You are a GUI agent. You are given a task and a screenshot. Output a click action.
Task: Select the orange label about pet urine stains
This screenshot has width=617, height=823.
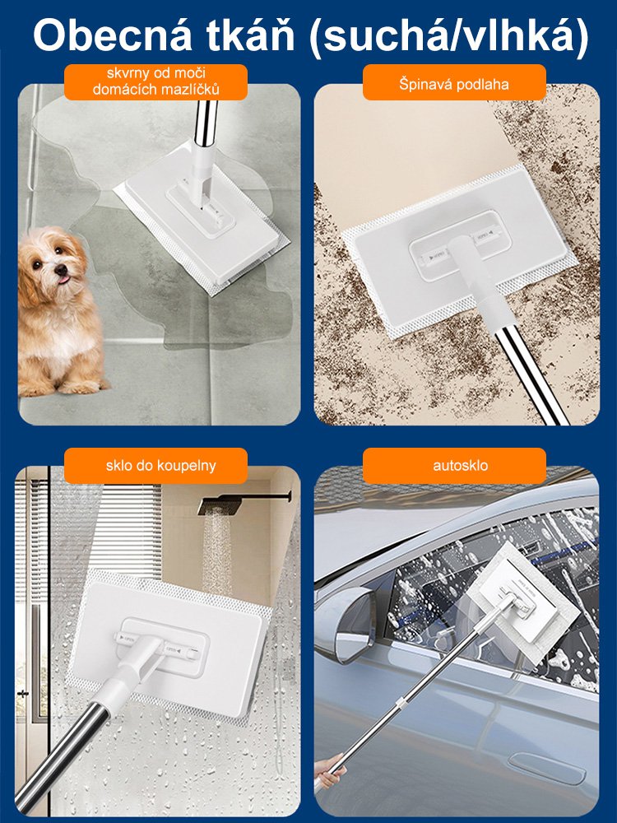155,81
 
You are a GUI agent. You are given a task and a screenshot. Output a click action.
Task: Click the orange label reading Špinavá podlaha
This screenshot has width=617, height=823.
454,82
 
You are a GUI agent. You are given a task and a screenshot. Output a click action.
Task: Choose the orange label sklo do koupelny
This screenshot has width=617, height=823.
155,466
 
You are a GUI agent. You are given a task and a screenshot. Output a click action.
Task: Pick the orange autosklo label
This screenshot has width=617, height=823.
454,466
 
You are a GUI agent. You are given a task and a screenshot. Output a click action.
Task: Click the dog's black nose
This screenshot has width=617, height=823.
62,270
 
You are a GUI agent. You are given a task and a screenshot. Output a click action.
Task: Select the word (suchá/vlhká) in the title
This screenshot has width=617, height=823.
448,36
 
